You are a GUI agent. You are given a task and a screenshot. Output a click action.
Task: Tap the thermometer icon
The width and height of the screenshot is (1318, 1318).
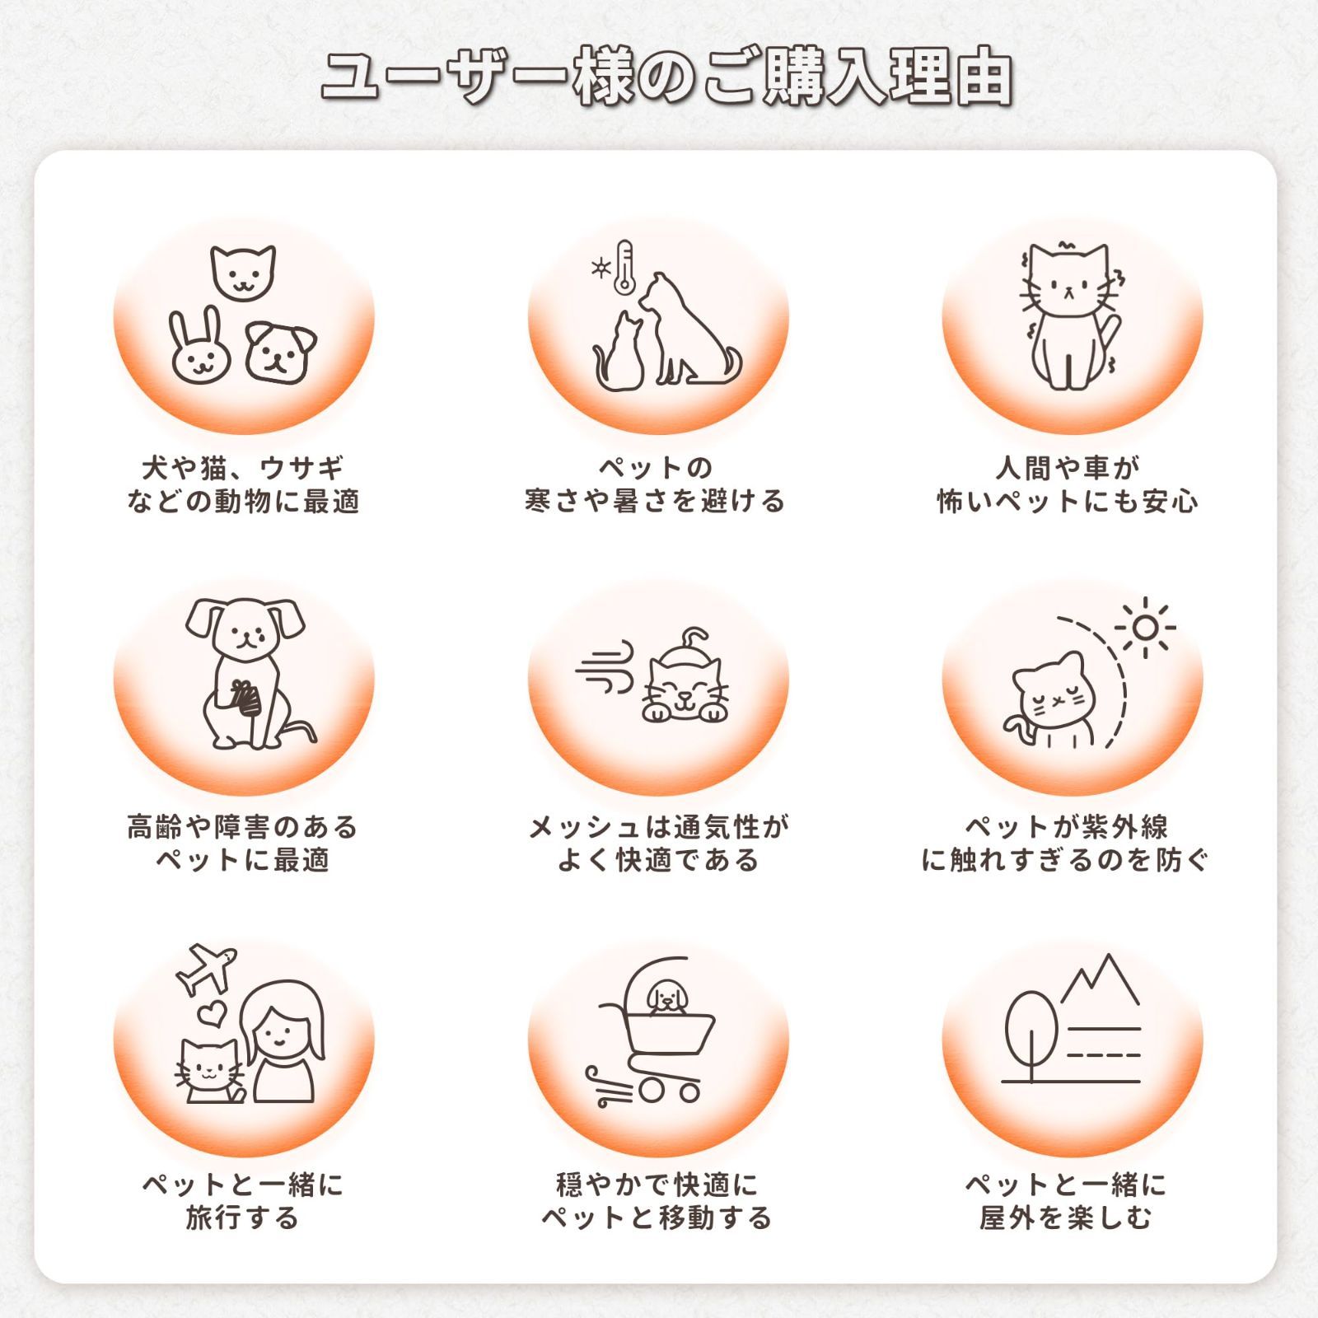(x=624, y=268)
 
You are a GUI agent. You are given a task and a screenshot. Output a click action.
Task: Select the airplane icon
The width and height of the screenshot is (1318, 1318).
(x=208, y=970)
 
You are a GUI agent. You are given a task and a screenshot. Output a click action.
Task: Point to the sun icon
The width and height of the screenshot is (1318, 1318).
(x=1145, y=629)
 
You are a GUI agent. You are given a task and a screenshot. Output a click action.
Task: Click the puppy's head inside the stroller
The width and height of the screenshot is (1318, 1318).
(x=666, y=998)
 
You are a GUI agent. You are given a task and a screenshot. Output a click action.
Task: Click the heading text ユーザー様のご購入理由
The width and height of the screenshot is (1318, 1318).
(x=666, y=80)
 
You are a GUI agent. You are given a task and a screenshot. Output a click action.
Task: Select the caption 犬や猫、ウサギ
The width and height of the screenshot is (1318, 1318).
(x=243, y=468)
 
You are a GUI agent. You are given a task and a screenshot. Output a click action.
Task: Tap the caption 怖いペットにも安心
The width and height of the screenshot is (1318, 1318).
(x=1068, y=501)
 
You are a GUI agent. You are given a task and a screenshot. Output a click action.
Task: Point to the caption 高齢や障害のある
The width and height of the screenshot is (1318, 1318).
(x=243, y=826)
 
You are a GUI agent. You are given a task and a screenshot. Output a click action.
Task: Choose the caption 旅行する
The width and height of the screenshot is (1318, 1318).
(x=243, y=1218)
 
